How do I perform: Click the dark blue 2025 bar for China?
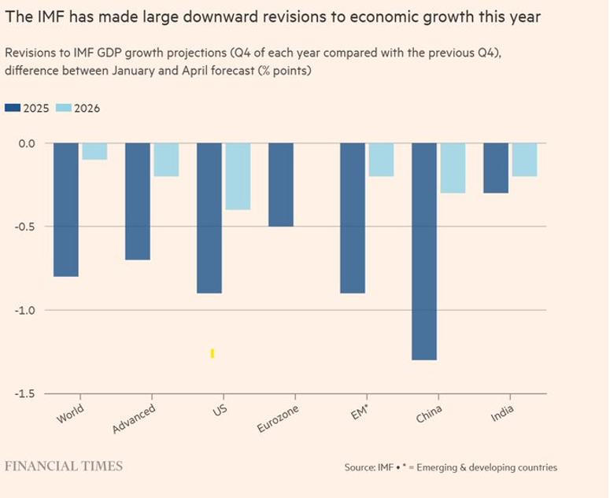424,251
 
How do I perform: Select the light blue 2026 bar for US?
238,176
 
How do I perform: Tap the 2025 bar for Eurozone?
281,185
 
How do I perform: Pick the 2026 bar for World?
94,152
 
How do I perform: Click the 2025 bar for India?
495,168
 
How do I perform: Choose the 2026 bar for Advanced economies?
166,160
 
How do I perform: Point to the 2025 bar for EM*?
353,218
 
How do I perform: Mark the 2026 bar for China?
453,168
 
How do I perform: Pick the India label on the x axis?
501,413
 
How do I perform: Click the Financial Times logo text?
64,466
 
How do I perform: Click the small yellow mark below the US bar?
213,354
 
